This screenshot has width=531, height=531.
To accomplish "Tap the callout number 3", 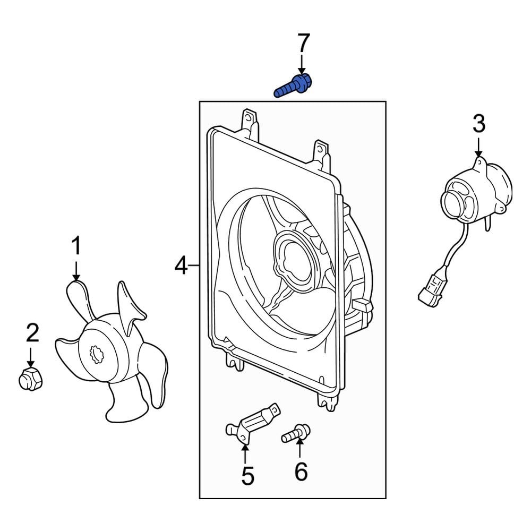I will click(478, 125).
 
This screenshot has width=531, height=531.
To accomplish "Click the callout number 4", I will click(181, 265).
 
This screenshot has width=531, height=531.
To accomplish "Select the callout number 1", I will click(76, 247).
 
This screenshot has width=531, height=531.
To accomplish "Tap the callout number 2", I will click(32, 333).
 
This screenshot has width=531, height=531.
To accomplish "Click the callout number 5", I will click(247, 476).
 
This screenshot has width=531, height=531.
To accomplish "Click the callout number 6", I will click(301, 471).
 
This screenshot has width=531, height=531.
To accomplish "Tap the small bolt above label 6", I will click(296, 433).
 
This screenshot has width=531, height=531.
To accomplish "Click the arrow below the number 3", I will click(478, 146).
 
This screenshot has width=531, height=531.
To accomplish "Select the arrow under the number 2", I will click(31, 356).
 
